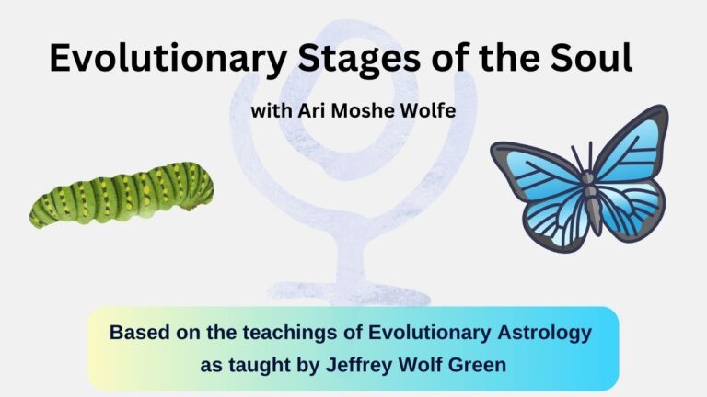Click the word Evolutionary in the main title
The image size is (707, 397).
168,59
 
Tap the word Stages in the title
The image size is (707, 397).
358,59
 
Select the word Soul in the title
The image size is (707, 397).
591,58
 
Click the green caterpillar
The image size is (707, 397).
122,195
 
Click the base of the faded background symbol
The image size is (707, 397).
350,293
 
